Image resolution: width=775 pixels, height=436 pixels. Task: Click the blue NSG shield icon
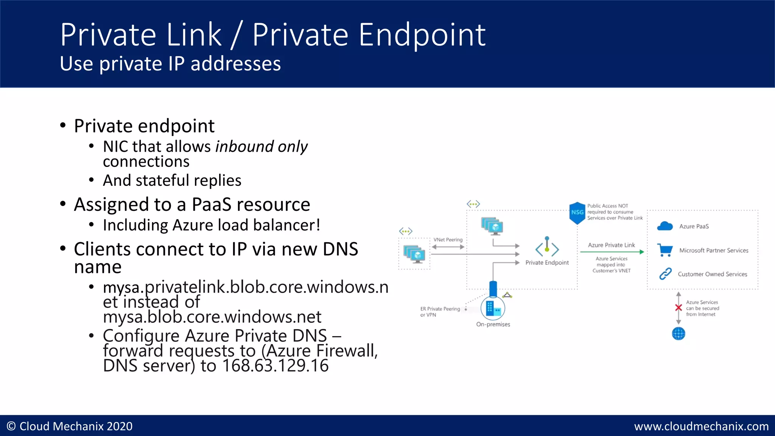click(577, 213)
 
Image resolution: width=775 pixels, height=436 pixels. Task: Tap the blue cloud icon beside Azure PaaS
click(665, 226)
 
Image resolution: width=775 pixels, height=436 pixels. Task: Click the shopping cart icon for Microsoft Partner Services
click(665, 250)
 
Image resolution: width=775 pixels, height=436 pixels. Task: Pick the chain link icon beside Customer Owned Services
click(665, 274)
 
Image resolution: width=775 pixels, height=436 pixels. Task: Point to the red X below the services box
click(679, 308)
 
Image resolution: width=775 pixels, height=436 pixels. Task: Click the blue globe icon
click(679, 334)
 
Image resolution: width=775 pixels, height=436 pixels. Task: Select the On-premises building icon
click(493, 308)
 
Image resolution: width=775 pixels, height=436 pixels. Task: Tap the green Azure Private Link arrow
click(612, 252)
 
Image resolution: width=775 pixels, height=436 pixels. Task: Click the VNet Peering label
click(448, 240)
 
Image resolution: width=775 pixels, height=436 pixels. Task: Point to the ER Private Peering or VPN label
click(440, 312)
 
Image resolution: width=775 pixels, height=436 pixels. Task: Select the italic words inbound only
click(261, 147)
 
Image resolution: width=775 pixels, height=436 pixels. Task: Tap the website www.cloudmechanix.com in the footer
click(701, 427)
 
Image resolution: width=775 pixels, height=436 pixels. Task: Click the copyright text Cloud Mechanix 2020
click(70, 427)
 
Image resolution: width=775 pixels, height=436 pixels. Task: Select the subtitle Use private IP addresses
click(170, 64)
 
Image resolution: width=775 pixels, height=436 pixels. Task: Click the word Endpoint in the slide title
click(422, 35)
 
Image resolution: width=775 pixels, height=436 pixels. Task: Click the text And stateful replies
click(172, 181)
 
